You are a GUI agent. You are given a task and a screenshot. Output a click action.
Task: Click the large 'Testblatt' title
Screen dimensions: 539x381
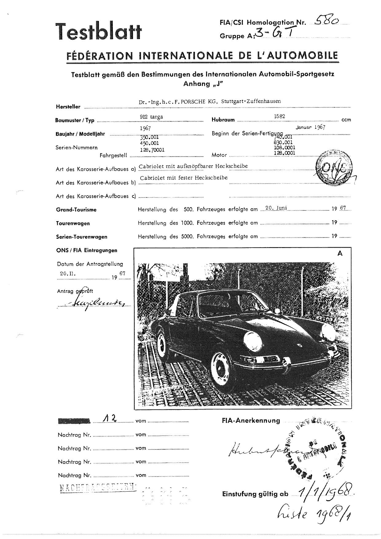(x=98, y=32)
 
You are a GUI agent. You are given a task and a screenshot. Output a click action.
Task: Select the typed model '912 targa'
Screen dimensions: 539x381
(x=151, y=117)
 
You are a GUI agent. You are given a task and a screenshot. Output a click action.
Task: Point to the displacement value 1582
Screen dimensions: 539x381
(x=279, y=116)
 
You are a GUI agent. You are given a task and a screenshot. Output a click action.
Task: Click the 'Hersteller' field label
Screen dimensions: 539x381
(x=68, y=107)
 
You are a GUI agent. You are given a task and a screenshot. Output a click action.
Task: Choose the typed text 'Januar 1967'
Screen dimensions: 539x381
(x=310, y=127)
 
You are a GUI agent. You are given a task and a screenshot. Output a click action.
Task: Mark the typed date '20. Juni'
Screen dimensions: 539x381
(x=276, y=208)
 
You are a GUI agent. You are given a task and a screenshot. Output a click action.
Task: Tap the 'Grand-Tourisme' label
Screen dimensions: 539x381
(x=76, y=210)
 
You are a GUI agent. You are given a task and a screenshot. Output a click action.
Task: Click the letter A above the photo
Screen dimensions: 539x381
(x=340, y=254)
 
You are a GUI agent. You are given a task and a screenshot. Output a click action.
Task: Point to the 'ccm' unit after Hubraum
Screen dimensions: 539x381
(x=346, y=120)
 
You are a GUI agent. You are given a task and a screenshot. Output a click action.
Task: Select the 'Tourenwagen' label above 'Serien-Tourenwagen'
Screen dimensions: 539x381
(x=73, y=223)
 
